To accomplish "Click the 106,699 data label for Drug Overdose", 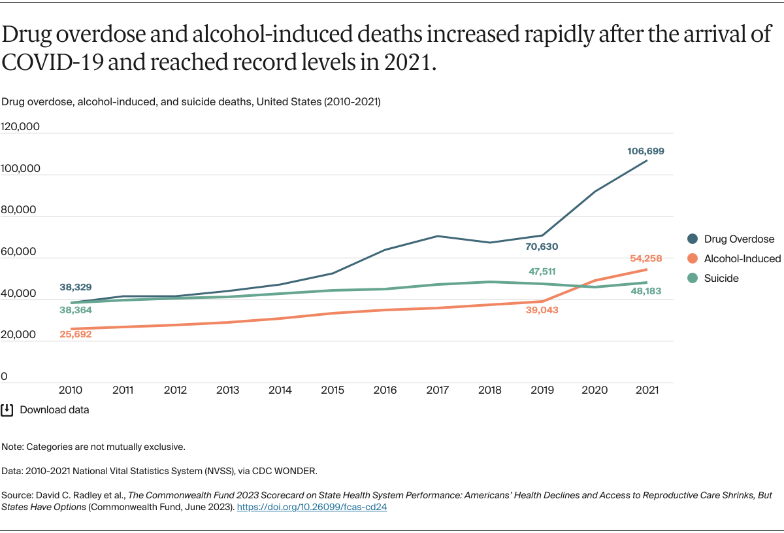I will click(645, 151).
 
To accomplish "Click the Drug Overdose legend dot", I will click(693, 239).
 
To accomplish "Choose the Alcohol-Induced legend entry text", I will click(742, 259).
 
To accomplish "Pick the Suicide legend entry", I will click(721, 279).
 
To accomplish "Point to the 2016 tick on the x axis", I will click(385, 390).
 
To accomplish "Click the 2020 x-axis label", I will click(595, 390).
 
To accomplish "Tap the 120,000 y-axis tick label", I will click(20, 126).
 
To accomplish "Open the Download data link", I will click(54, 410).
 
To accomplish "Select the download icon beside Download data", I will click(7, 410).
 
